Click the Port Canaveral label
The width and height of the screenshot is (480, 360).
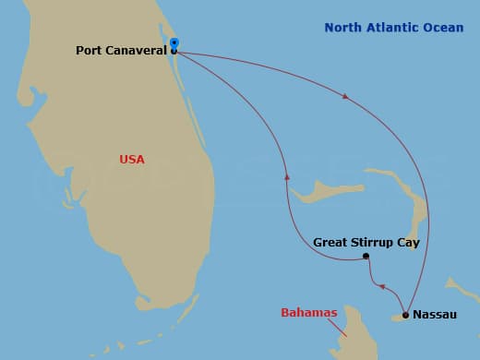[120, 50]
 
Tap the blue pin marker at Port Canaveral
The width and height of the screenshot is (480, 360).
[174, 42]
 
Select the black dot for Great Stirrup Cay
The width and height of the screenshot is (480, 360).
[366, 256]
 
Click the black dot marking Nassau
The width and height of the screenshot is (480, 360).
[405, 315]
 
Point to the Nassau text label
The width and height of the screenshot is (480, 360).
[434, 315]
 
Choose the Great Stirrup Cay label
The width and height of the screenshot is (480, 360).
[366, 242]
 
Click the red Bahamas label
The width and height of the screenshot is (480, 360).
[308, 313]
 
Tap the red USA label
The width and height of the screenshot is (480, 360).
[132, 159]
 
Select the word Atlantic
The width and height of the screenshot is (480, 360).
[389, 28]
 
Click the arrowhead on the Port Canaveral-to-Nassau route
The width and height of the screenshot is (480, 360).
[345, 96]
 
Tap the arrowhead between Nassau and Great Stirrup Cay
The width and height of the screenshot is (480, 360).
[382, 286]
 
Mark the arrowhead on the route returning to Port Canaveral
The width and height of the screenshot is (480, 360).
[287, 175]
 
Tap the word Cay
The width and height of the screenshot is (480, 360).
[408, 242]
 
